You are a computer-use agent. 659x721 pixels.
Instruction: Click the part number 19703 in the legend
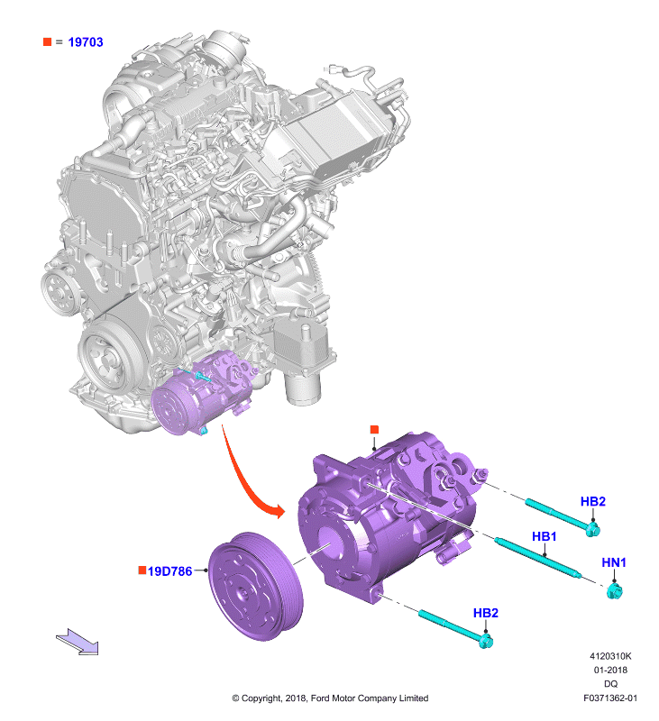point(86,42)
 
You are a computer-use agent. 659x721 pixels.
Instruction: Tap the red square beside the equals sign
point(47,41)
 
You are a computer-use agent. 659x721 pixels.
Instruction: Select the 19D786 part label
point(169,571)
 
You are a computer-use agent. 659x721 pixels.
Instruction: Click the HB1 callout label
point(544,536)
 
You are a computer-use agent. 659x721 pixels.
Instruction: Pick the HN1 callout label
point(614,562)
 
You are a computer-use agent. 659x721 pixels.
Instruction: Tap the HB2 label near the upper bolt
point(593,501)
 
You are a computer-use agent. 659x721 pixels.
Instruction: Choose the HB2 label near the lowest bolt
point(486,613)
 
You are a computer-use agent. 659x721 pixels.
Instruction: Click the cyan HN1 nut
point(614,591)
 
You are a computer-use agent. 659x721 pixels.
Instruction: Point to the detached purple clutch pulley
point(256,587)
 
